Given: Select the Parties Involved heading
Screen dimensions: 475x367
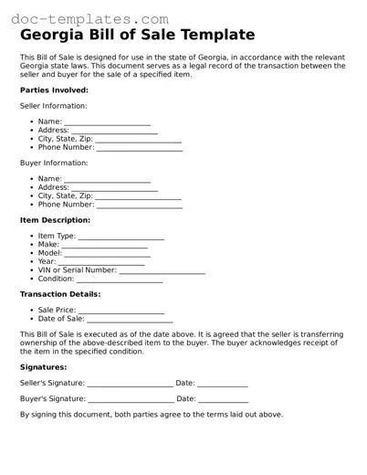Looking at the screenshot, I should [x=54, y=90].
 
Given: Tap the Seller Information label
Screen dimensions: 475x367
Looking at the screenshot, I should [x=54, y=106].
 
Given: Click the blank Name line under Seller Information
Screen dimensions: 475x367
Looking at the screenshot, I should [x=107, y=122].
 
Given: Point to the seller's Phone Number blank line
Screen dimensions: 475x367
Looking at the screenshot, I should [x=140, y=148].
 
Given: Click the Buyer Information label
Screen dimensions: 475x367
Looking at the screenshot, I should [x=54, y=164].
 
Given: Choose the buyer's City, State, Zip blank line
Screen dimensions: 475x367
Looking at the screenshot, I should [x=138, y=197].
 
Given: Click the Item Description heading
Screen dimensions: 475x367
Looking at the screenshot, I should [x=55, y=220].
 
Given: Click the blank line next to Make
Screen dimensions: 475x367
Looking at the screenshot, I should [x=104, y=246].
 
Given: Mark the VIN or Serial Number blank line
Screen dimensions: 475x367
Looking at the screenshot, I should [x=163, y=271].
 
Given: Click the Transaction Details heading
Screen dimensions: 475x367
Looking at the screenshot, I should [x=60, y=294].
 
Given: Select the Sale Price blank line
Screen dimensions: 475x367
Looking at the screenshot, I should [x=121, y=311].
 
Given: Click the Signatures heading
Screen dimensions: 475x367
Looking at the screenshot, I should [x=43, y=366].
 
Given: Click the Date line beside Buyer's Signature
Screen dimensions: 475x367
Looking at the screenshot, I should [x=223, y=400].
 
